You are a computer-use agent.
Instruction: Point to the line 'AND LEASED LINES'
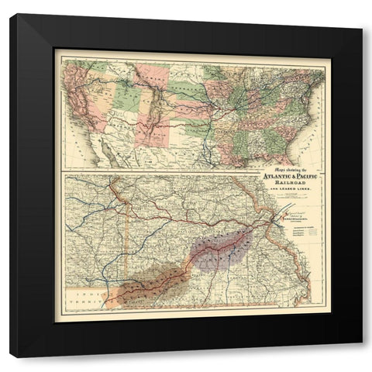[x=294, y=190]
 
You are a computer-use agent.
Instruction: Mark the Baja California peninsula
[x=108, y=154]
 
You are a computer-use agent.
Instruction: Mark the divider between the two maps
[x=194, y=171]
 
